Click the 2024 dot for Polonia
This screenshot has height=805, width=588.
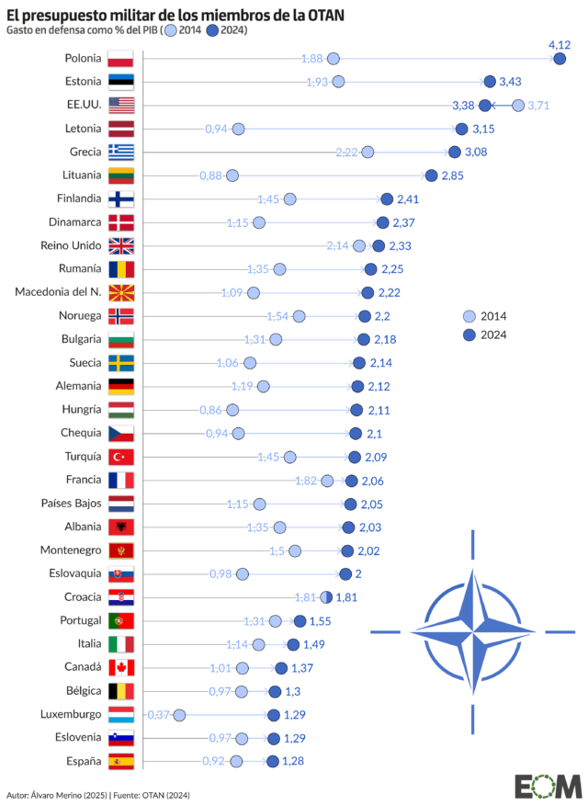[x=560, y=59]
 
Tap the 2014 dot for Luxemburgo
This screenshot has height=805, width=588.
[x=179, y=715]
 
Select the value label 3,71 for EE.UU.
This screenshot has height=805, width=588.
[x=538, y=106]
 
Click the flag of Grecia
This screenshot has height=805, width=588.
[x=121, y=153]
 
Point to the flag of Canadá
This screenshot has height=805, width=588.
[x=121, y=668]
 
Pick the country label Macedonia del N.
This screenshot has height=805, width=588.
[x=58, y=292]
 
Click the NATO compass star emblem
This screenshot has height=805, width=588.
[x=473, y=631]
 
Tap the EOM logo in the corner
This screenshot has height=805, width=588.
[x=548, y=786]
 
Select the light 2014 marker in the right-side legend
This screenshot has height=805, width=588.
[x=470, y=316]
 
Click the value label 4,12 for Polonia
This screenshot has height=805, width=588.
[x=560, y=44]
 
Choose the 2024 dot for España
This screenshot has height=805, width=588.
[x=273, y=761]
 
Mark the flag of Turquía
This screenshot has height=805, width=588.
[x=121, y=457]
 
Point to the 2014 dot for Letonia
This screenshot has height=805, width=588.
[x=238, y=129]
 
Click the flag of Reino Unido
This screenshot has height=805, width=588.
[x=121, y=245]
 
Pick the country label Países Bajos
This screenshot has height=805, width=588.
[x=71, y=504]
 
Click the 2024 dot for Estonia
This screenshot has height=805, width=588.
[x=490, y=82]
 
